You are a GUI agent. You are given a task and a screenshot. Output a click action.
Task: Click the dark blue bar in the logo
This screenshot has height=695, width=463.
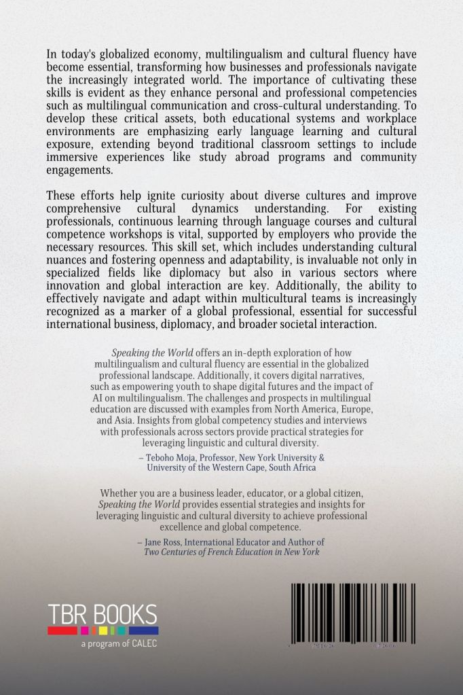click(x=145, y=630)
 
